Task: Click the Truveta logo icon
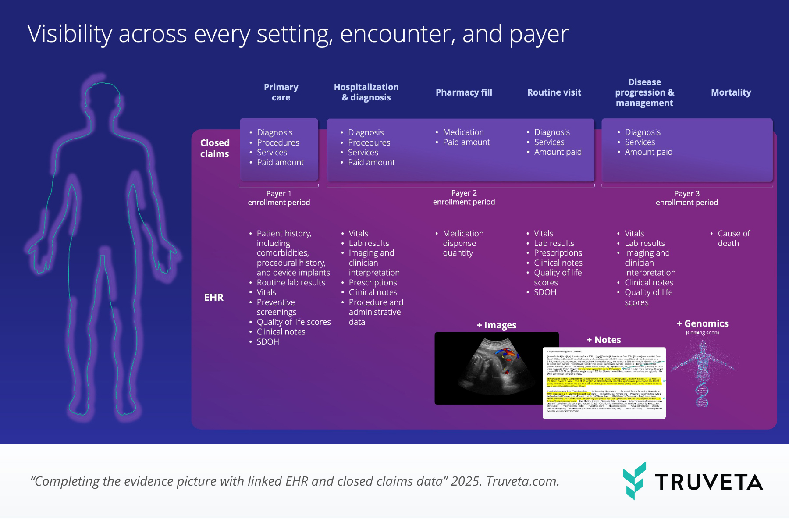(634, 480)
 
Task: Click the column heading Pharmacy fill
(464, 92)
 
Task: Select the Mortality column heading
(731, 92)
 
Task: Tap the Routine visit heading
(554, 92)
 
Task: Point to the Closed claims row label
(214, 148)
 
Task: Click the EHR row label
(213, 298)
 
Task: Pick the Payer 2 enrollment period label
(464, 198)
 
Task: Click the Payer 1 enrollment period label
(279, 198)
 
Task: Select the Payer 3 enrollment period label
(686, 198)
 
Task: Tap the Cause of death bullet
(733, 238)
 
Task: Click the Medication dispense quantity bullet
(462, 243)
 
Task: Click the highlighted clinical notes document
(604, 383)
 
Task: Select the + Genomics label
(703, 324)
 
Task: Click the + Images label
(497, 325)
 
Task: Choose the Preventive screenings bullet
(276, 307)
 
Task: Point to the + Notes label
(604, 340)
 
